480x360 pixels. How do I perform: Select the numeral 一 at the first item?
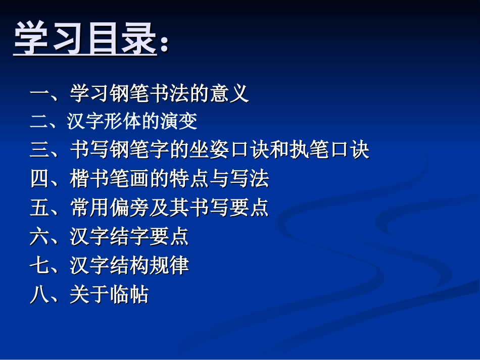click(x=39, y=94)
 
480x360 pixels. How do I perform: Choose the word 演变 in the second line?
click(x=178, y=122)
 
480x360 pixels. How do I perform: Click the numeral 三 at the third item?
click(x=39, y=150)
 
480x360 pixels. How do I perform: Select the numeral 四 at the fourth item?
click(x=39, y=179)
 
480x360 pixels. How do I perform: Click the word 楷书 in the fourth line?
click(x=89, y=179)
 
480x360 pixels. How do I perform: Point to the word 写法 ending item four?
click(x=249, y=179)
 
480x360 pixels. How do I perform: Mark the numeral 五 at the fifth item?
click(x=39, y=208)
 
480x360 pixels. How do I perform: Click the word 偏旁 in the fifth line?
click(x=129, y=208)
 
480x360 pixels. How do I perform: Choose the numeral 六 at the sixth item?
click(x=39, y=236)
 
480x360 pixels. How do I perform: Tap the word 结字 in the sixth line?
click(x=129, y=236)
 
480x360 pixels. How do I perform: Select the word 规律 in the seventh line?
click(x=169, y=265)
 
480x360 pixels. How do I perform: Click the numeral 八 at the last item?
click(x=39, y=294)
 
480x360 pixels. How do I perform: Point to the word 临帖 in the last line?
click(x=129, y=294)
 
